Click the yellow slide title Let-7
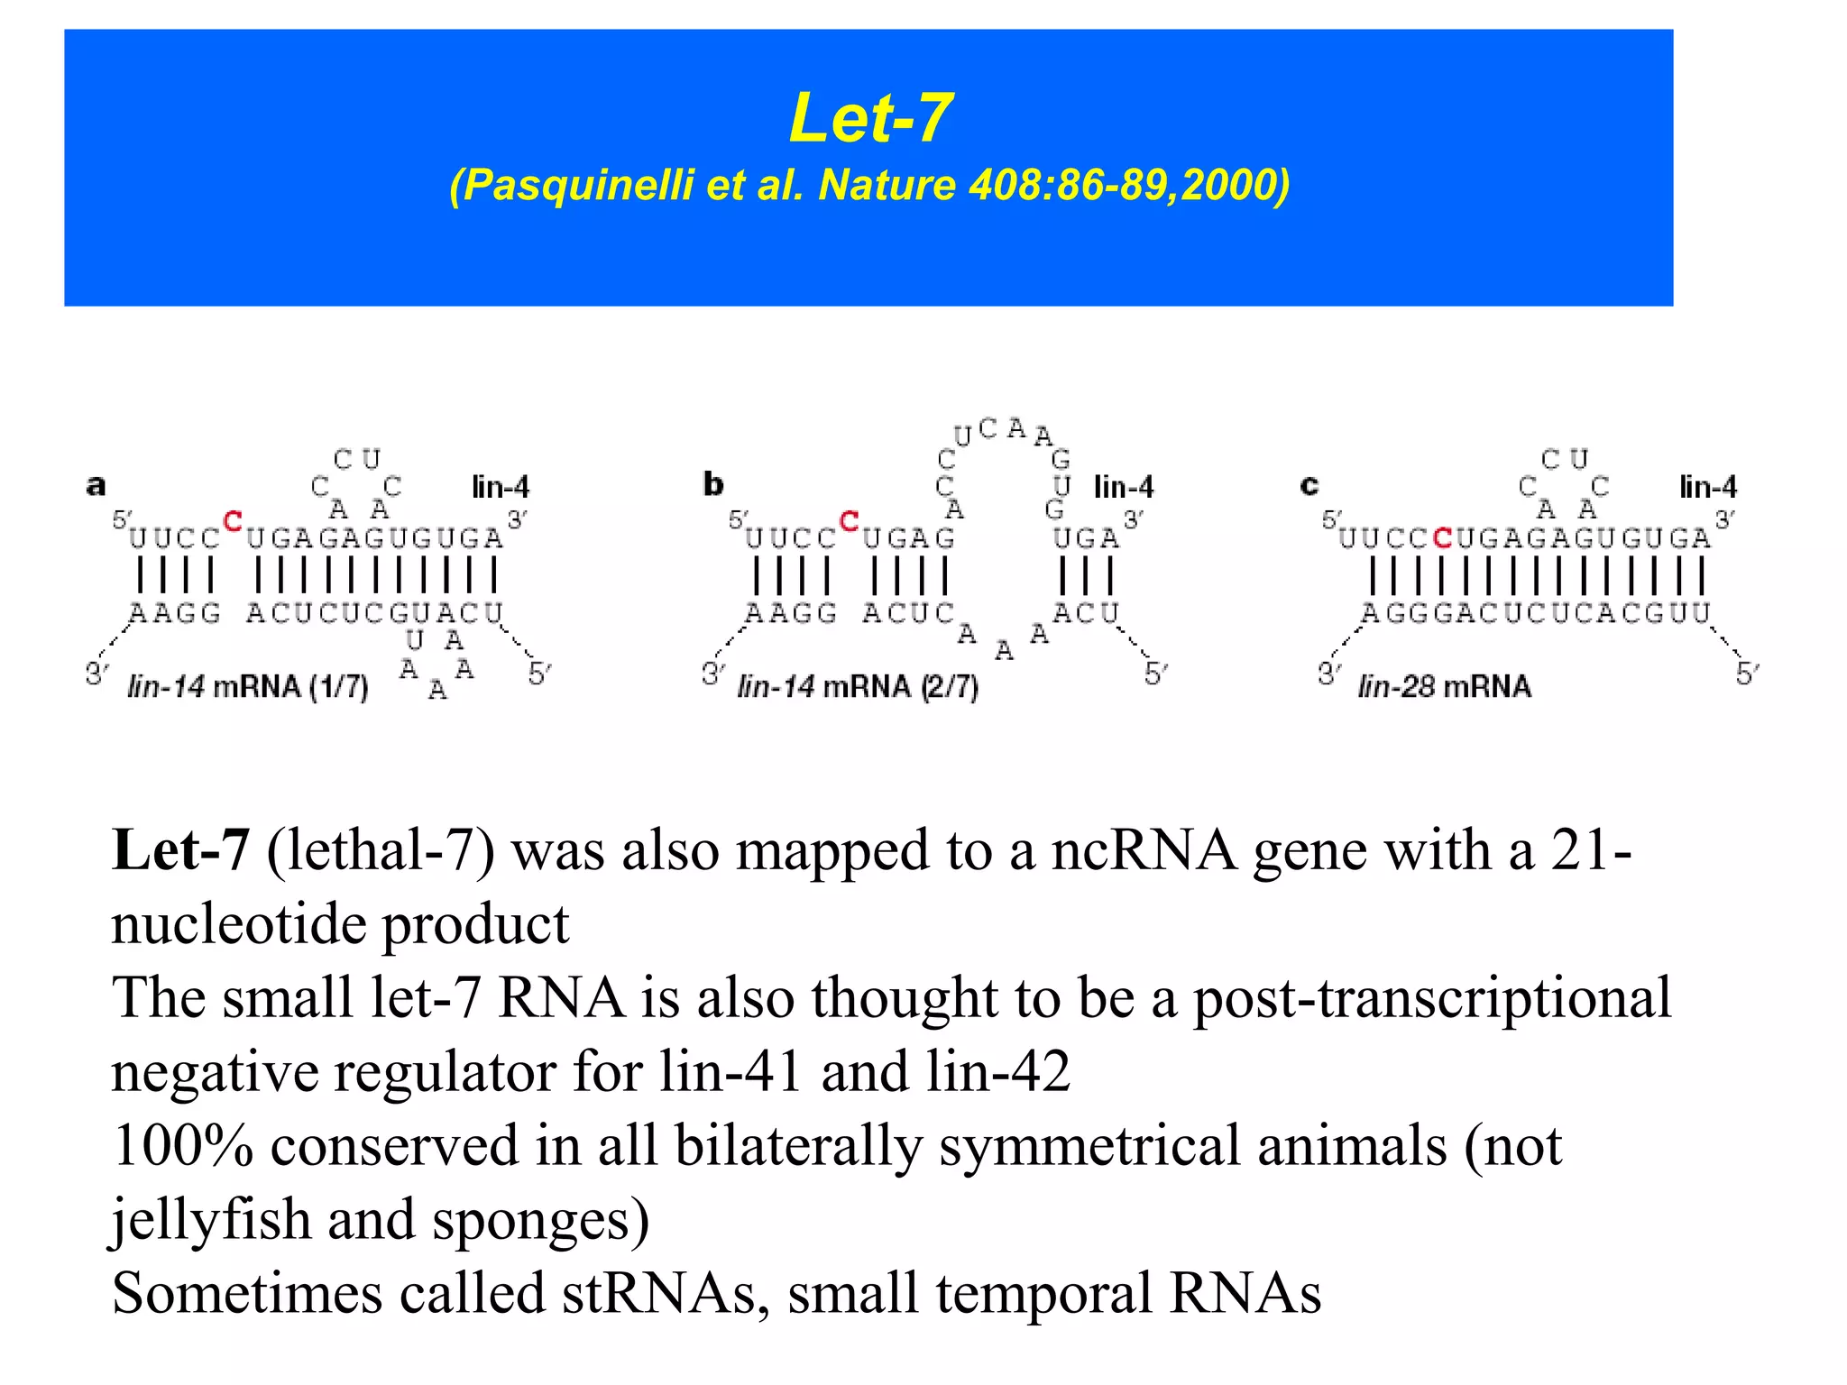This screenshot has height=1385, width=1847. (x=870, y=118)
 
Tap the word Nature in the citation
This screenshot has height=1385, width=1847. (x=887, y=186)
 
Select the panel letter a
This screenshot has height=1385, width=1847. (x=96, y=485)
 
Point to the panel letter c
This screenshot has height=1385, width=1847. (x=1309, y=486)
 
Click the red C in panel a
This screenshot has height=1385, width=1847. (x=233, y=521)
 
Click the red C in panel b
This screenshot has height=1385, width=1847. (x=849, y=521)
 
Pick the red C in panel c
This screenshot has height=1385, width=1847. (x=1442, y=538)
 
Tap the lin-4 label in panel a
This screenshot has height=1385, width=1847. (x=501, y=488)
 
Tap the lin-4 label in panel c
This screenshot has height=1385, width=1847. (x=1708, y=488)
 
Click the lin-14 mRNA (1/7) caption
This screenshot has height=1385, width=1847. (x=248, y=687)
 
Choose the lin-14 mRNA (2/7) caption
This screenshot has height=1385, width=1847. (x=858, y=687)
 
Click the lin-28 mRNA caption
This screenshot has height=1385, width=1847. (x=1445, y=687)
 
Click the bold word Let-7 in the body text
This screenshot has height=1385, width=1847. (x=179, y=850)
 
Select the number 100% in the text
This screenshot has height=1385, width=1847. (x=182, y=1145)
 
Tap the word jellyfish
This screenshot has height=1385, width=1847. (x=211, y=1219)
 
